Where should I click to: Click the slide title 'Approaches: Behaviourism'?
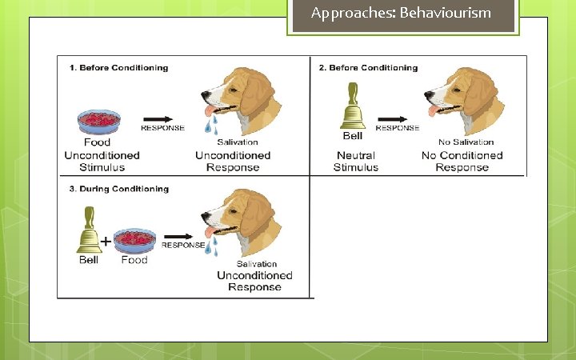[x=401, y=14]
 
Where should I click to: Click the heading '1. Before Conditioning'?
[x=118, y=68]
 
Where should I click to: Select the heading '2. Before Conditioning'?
[x=368, y=68]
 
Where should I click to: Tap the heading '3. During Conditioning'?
[x=118, y=190]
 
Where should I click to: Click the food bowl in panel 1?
[x=99, y=122]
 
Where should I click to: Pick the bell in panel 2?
[x=353, y=106]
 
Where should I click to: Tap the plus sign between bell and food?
[x=105, y=240]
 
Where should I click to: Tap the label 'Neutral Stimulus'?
[x=356, y=162]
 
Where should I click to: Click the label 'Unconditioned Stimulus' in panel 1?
[x=102, y=162]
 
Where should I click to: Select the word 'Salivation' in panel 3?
[x=257, y=263]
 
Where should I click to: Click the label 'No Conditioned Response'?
[x=462, y=162]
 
